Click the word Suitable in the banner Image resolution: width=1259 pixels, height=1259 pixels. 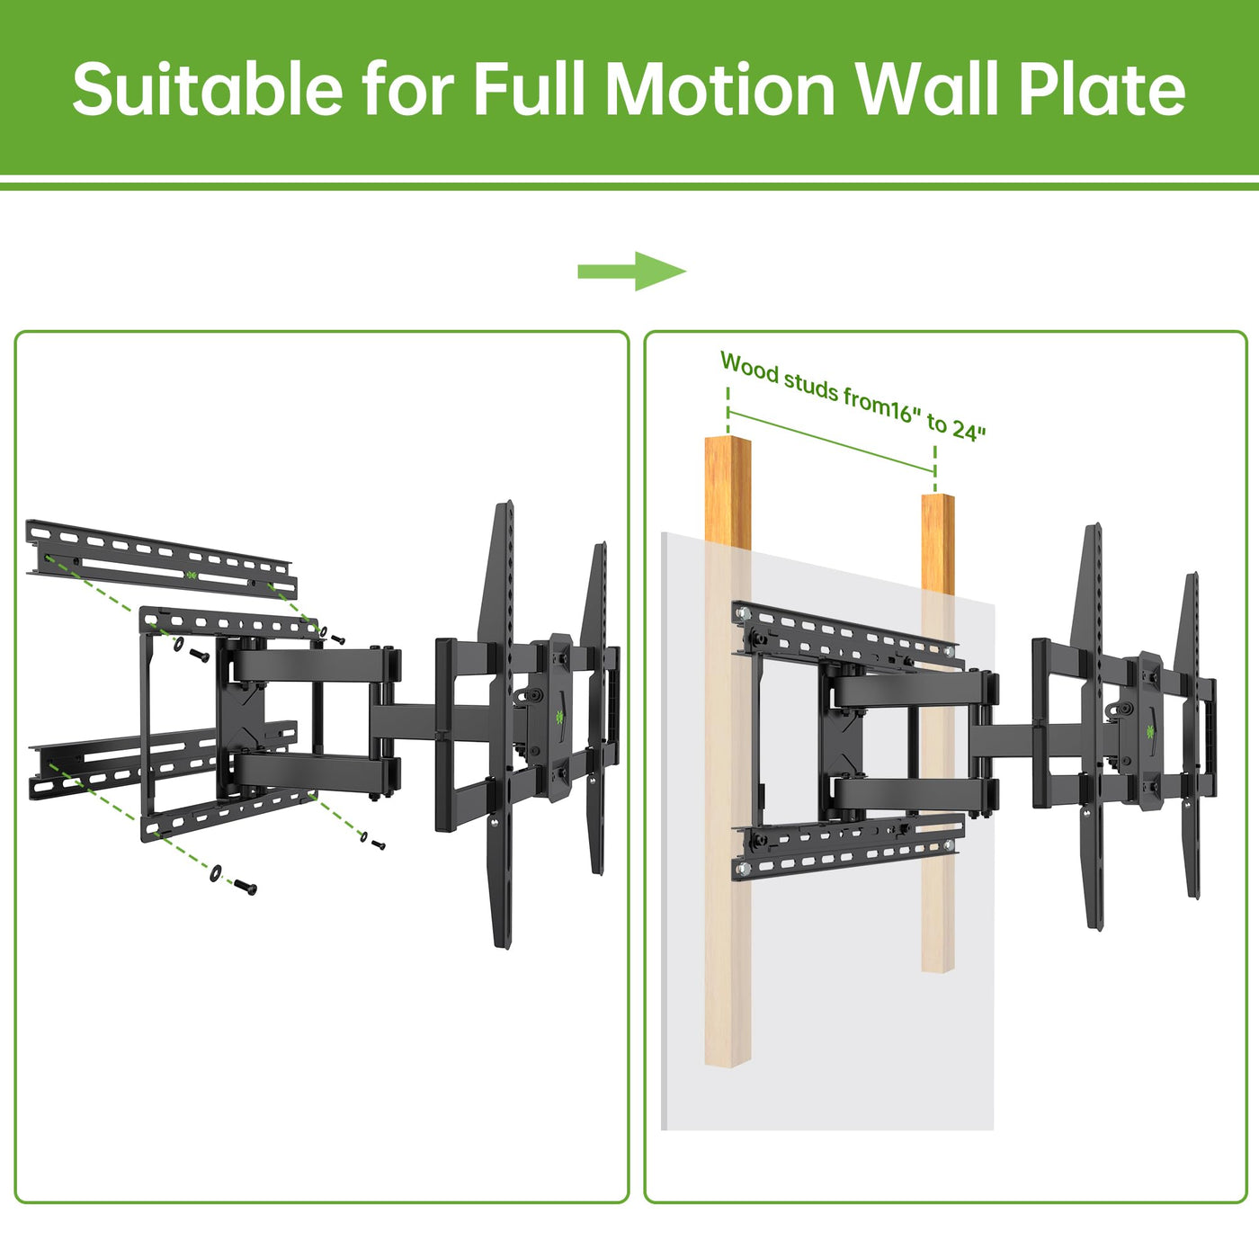[208, 89]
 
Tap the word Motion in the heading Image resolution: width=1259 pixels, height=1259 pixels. [721, 89]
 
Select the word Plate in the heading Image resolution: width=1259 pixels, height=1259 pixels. [1102, 89]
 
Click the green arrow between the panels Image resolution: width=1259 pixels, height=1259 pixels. [631, 271]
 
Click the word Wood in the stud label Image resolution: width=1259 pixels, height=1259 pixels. [749, 367]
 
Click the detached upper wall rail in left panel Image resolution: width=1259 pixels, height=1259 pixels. [161, 558]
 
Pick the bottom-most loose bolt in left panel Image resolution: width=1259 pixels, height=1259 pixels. [245, 887]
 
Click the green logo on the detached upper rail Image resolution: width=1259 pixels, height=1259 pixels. [191, 575]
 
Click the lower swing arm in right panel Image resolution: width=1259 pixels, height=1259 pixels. [914, 794]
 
